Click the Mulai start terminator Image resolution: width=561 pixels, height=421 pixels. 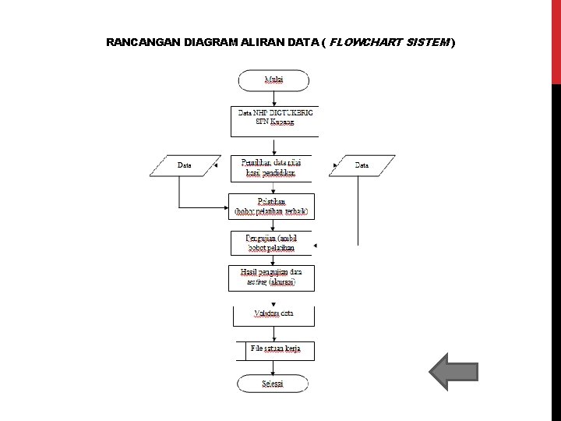(273, 80)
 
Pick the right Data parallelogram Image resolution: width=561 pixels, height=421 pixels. (362, 165)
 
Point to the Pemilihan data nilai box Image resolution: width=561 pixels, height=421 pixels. (273, 166)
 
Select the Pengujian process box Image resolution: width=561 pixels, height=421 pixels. (273, 242)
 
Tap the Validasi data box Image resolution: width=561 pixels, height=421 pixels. (273, 314)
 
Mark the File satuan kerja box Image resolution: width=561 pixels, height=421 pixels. (275, 350)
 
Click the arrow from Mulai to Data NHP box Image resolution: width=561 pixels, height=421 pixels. (273, 98)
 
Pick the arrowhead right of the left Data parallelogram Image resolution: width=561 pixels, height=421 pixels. (216, 165)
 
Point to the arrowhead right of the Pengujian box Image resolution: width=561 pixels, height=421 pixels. (315, 246)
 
